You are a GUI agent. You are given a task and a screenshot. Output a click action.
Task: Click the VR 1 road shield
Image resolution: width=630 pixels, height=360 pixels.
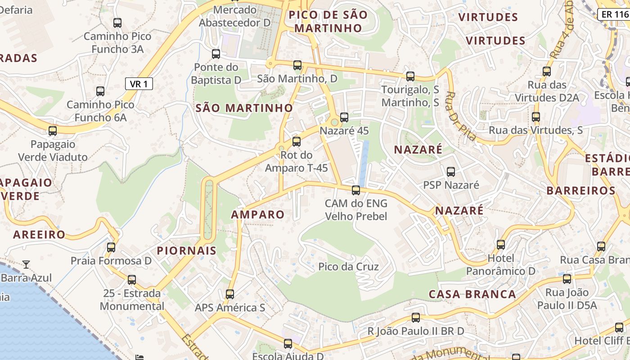pyautogui.click(x=139, y=84)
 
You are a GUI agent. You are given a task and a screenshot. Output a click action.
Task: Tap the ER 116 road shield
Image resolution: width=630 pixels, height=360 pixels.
pyautogui.click(x=615, y=14)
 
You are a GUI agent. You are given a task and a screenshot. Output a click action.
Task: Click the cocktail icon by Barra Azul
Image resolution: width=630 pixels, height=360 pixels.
pyautogui.click(x=27, y=264)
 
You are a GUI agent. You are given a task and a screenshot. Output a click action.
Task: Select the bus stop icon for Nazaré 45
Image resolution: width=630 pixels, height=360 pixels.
pyautogui.click(x=344, y=117)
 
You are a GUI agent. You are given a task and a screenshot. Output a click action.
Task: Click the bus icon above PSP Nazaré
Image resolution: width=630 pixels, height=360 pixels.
pyautogui.click(x=451, y=171)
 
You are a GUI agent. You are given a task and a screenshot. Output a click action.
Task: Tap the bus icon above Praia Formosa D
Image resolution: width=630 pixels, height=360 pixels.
pyautogui.click(x=111, y=247)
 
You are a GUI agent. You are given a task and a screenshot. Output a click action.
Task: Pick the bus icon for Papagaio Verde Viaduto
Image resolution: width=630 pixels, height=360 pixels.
pyautogui.click(x=53, y=131)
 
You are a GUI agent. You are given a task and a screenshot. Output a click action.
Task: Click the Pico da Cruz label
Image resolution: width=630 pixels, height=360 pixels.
pyautogui.click(x=348, y=266)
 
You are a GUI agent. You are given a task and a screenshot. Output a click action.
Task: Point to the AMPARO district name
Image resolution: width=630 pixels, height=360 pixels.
pyautogui.click(x=258, y=215)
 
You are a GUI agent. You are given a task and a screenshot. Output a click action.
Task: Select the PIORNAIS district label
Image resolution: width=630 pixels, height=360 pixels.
pyautogui.click(x=187, y=251)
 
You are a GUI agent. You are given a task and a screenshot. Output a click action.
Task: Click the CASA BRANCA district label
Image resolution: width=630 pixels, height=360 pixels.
pyautogui.click(x=472, y=294)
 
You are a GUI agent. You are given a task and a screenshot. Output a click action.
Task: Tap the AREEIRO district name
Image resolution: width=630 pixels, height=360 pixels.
pyautogui.click(x=39, y=234)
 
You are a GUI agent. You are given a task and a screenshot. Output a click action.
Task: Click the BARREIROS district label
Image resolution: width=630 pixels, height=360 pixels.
pyautogui.click(x=580, y=190)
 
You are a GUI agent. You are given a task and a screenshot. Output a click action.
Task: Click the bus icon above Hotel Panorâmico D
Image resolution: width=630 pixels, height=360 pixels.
pyautogui.click(x=501, y=244)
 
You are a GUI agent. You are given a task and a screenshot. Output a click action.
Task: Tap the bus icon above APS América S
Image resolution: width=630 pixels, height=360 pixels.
pyautogui.click(x=230, y=294)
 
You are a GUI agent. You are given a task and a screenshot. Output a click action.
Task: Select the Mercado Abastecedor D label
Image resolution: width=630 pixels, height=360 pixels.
pyautogui.click(x=235, y=16)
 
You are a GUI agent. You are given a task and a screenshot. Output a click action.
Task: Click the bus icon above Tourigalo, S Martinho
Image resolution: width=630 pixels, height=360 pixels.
pyautogui.click(x=410, y=76)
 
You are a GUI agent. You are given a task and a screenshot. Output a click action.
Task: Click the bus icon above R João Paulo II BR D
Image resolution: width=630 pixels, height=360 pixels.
pyautogui.click(x=416, y=318)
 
